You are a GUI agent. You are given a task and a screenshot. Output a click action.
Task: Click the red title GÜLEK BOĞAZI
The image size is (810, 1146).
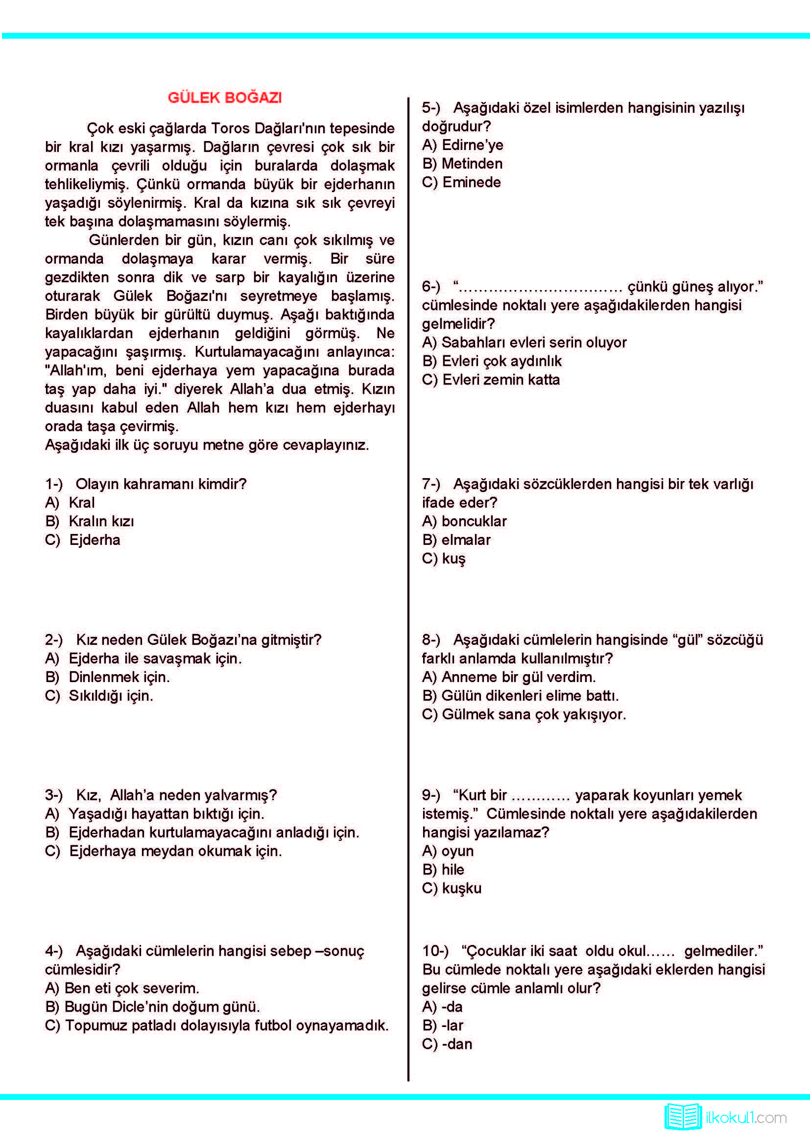coord(224,98)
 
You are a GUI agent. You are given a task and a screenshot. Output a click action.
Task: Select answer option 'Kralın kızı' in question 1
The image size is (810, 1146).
coord(101,521)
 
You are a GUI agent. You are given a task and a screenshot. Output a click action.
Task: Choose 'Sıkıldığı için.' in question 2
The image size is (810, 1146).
coord(110,695)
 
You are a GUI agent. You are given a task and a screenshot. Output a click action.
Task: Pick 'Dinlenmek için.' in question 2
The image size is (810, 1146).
coord(119,677)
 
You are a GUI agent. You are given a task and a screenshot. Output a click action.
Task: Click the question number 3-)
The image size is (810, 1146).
coord(54,795)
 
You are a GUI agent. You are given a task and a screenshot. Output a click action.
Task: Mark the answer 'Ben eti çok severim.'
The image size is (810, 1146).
coord(131,988)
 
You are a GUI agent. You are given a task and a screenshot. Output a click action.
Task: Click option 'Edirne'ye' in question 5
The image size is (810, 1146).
coord(472,145)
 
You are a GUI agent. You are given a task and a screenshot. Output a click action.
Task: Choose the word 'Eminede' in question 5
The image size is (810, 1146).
coord(471,182)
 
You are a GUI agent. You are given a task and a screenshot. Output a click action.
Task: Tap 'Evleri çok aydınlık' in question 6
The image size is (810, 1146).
coord(501,361)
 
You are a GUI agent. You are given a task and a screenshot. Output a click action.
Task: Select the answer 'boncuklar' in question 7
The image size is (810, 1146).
coord(474,521)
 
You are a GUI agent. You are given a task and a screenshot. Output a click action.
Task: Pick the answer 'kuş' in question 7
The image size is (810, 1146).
coord(453,559)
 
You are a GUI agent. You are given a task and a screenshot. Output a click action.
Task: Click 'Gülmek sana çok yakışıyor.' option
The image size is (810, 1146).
coord(533,714)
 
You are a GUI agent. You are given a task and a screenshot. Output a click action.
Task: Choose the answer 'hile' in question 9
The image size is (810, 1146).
coord(453,870)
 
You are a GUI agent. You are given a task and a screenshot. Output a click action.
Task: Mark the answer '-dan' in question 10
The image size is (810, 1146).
coord(456,1044)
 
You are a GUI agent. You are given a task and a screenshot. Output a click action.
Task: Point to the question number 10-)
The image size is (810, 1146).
coord(435,951)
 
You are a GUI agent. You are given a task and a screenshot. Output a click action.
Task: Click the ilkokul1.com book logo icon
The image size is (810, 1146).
coord(682,1117)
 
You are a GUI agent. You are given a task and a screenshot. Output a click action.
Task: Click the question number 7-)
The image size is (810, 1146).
coord(431,484)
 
